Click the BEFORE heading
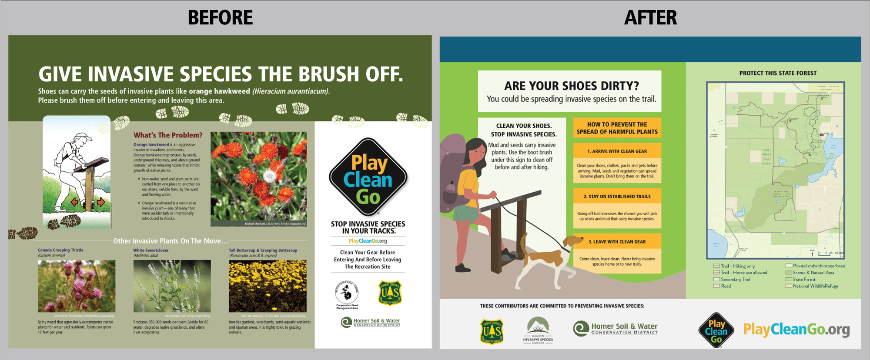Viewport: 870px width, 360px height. click(x=220, y=18)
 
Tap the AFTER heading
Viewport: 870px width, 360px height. click(x=650, y=18)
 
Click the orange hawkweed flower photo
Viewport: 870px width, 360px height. click(x=258, y=179)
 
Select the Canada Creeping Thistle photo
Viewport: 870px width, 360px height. click(x=77, y=286)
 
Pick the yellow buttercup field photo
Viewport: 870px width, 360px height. click(x=268, y=286)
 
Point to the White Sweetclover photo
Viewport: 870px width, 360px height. click(x=172, y=286)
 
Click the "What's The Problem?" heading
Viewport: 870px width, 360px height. click(x=168, y=135)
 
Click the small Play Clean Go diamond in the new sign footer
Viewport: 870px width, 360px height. click(x=716, y=330)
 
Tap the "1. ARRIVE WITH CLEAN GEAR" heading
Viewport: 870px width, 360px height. click(x=617, y=151)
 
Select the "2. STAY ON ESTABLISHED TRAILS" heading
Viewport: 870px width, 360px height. click(x=617, y=197)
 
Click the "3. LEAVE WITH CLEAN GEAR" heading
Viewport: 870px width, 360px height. click(x=617, y=242)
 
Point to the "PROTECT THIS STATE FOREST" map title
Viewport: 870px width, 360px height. click(x=778, y=73)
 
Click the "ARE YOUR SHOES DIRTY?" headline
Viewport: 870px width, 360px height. click(x=571, y=86)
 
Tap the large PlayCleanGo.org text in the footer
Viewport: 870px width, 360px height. click(x=796, y=330)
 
